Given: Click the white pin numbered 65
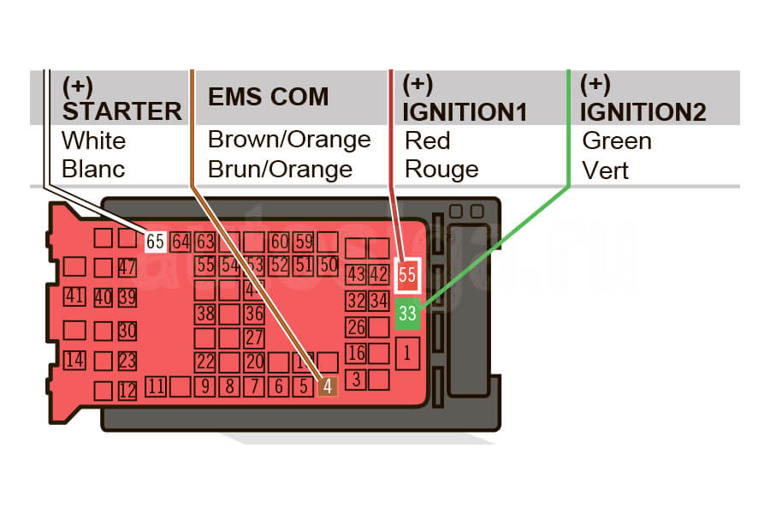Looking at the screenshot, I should pos(155,242).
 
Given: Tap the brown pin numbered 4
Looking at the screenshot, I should pos(329,386).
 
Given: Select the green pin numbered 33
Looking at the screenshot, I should pos(407,314).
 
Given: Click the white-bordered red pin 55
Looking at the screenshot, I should pos(407,276).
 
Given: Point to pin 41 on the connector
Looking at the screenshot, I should pos(74,297).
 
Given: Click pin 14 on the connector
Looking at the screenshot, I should pos(74,360).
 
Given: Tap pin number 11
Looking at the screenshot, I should pos(155,386).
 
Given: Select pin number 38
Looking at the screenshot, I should pos(205,314).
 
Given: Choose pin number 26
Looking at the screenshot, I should pos(356,326).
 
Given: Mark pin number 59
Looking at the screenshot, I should pos(304,242).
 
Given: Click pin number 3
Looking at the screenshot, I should pos(356,378).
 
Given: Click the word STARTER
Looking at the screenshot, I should pos(122,111).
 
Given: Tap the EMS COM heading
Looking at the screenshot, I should pos(268,97).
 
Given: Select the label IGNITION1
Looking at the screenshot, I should pos(465,111).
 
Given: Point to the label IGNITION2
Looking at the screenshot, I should pos(643,111).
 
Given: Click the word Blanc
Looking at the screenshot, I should pos(93,169).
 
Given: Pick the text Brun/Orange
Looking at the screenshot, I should pos(280,169).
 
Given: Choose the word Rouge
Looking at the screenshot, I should pos(441,169).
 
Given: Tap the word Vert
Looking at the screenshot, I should pos(605,170).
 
